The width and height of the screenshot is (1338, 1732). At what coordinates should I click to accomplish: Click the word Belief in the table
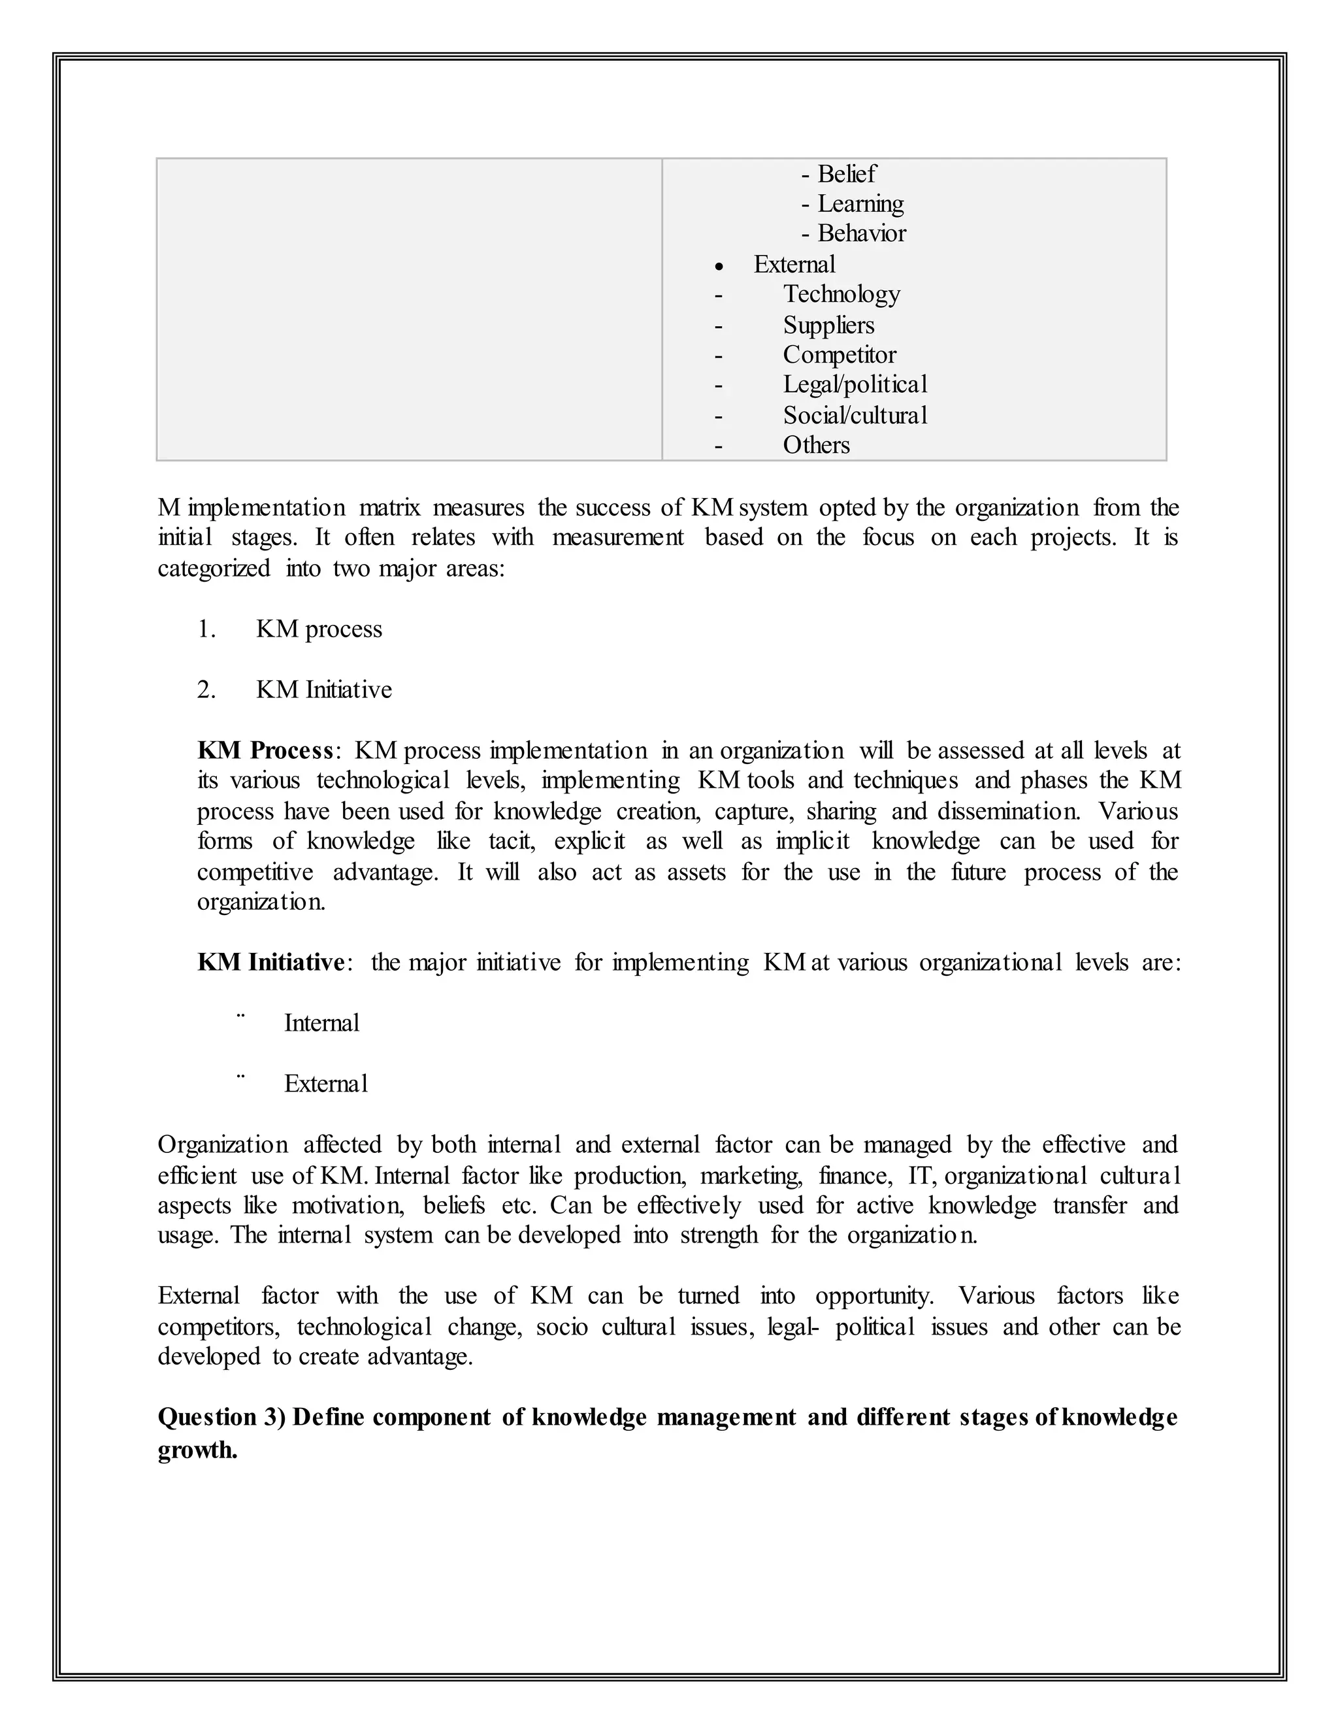coord(847,174)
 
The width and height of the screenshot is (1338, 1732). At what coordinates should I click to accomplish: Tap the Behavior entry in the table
coord(862,233)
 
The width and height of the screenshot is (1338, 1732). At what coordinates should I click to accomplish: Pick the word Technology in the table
coord(841,294)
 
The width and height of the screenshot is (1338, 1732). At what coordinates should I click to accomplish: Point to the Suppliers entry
coord(828,325)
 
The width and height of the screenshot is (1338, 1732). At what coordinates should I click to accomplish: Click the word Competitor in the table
coord(840,354)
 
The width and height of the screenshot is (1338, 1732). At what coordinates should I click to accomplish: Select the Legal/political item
coord(855,384)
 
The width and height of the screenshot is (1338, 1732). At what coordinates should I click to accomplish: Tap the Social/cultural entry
coord(855,416)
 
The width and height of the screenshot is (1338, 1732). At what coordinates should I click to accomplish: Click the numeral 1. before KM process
coord(206,629)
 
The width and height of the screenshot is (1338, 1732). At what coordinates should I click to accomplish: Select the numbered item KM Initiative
coord(323,690)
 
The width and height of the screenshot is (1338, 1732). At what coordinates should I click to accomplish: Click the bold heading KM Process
coord(265,750)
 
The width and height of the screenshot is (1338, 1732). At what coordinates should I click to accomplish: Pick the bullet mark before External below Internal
coord(241,1077)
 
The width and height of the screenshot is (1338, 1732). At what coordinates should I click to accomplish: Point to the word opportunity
coord(873,1296)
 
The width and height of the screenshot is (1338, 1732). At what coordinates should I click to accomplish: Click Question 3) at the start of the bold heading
coord(221,1417)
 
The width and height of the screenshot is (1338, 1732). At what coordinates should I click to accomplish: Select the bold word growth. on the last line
coord(197,1451)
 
